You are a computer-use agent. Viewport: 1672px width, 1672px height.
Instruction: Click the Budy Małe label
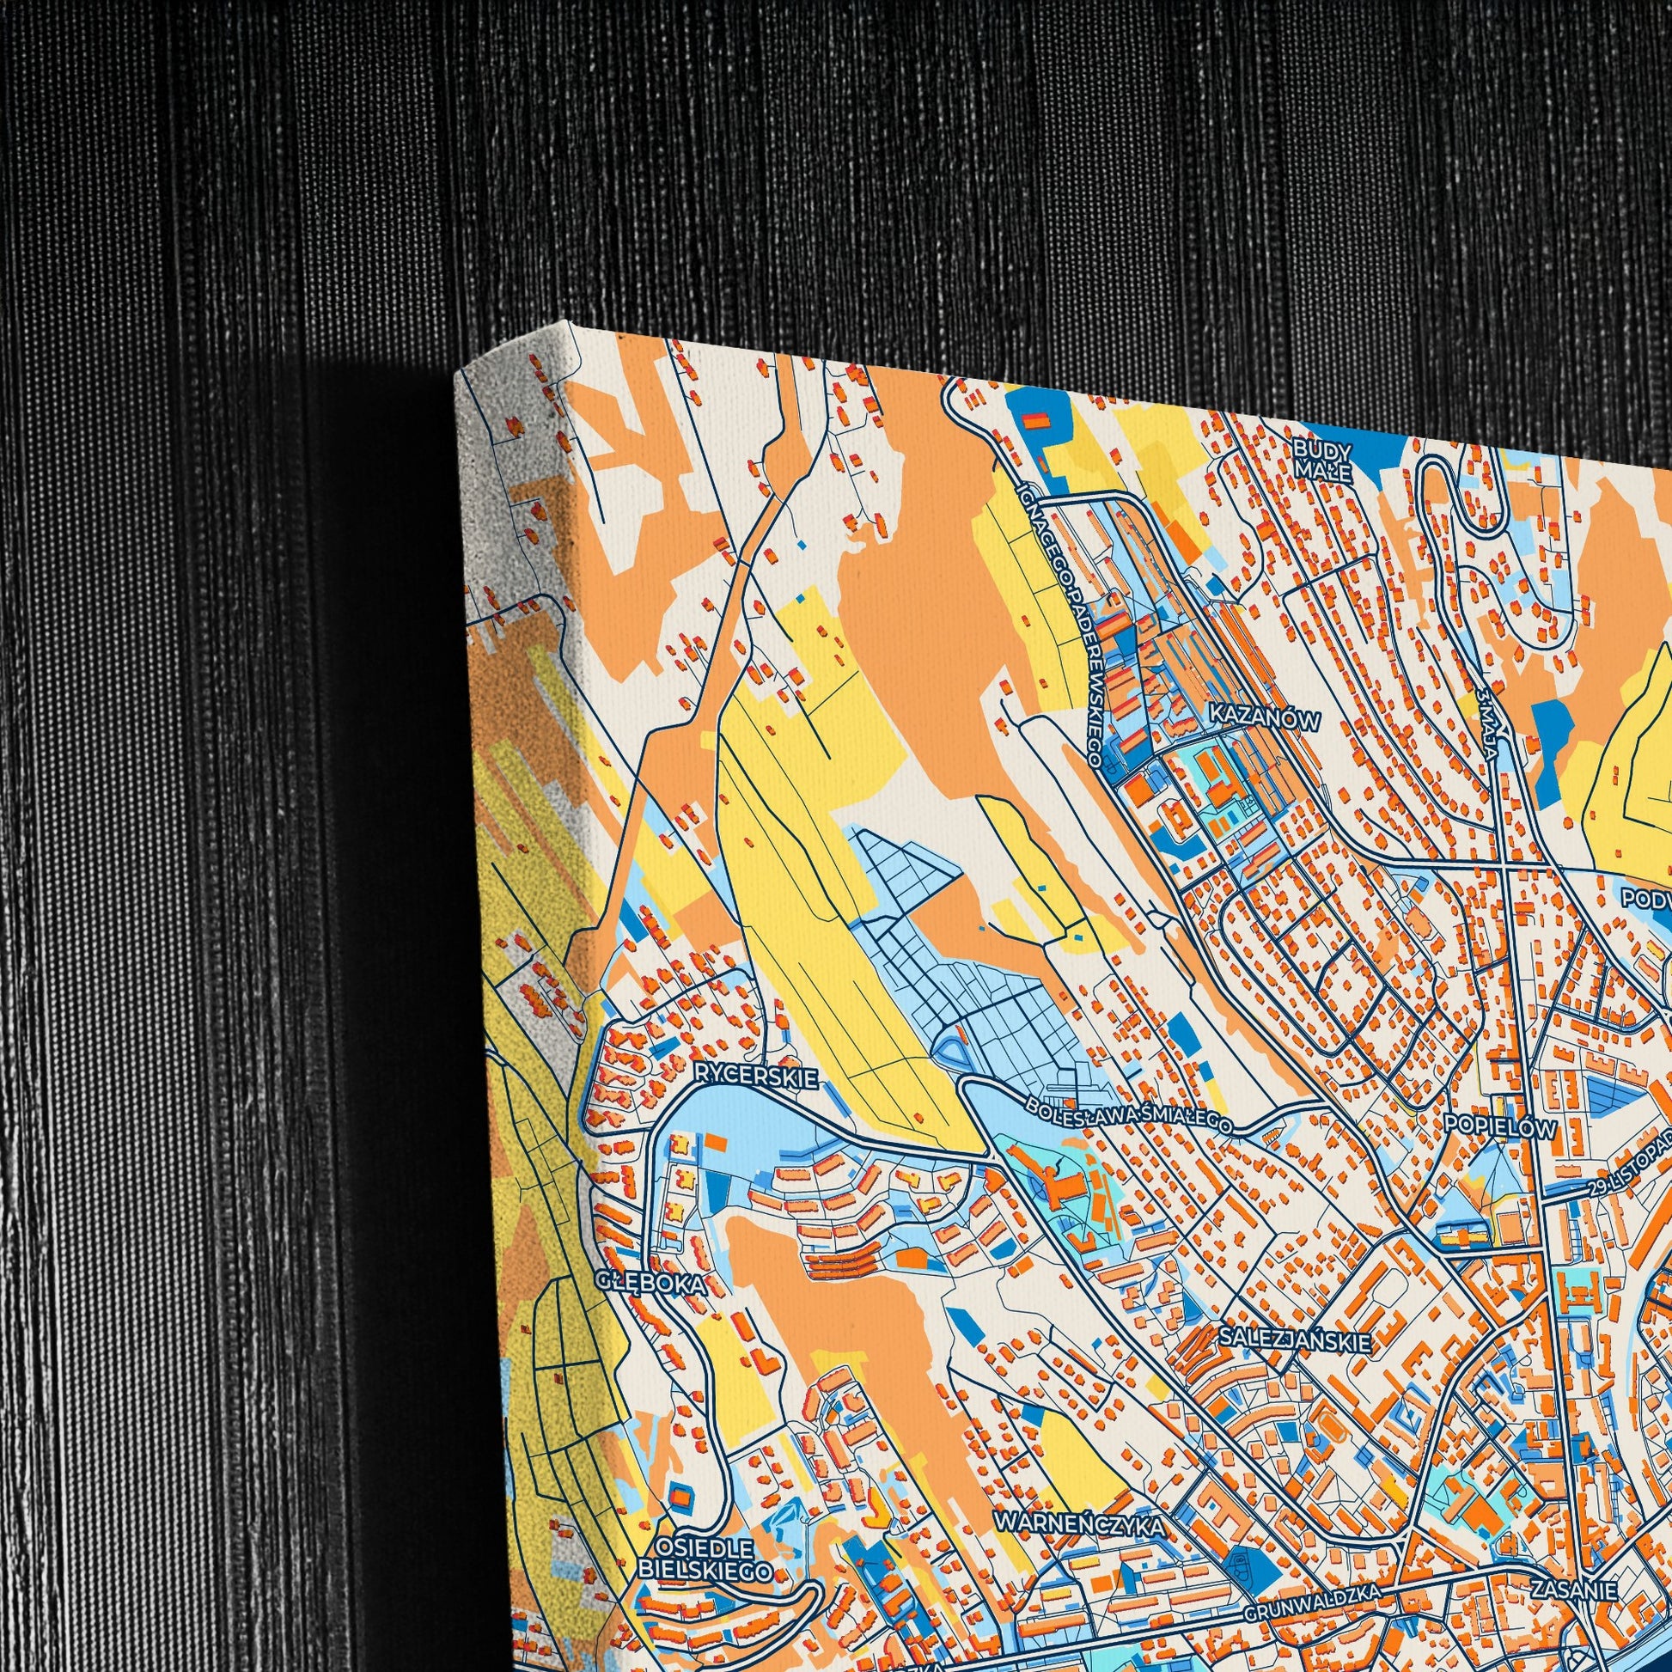[1321, 459]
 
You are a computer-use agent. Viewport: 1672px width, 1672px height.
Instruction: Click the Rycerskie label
[755, 1077]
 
